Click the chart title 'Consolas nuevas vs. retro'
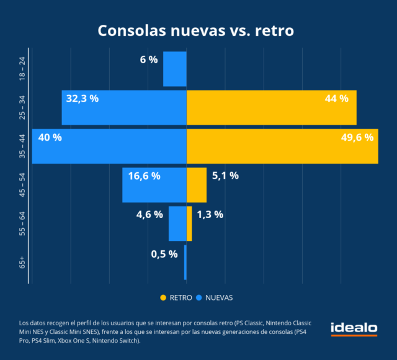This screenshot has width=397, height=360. [x=198, y=31]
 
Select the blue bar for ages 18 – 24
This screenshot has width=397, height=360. [x=175, y=69]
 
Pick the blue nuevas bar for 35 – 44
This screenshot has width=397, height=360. [x=109, y=146]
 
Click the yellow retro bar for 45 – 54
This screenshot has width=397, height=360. [x=196, y=185]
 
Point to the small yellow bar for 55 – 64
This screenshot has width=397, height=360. [x=189, y=224]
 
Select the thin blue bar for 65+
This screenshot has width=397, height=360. [x=185, y=262]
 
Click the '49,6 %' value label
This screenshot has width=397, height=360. [x=357, y=138]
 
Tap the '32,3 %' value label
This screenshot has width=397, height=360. [x=83, y=98]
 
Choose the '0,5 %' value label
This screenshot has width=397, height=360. [x=164, y=253]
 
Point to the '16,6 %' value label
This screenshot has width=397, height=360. [x=144, y=176]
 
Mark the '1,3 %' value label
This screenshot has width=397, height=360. [x=210, y=214]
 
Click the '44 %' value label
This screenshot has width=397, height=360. [x=336, y=98]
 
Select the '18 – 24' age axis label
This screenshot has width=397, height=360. [x=22, y=69]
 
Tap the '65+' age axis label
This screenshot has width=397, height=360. [x=22, y=262]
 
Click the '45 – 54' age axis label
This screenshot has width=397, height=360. [x=22, y=185]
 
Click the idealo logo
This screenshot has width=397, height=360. [x=354, y=328]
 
